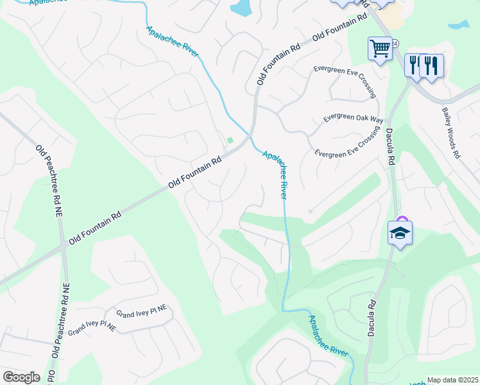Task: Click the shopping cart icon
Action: point(380,48)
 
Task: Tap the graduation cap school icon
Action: point(399,232)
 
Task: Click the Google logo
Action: point(21,377)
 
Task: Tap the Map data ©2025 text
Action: point(452,380)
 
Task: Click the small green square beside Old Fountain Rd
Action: point(230,141)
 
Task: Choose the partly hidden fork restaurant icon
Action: point(414,64)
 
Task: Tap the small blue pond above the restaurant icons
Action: point(459,26)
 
